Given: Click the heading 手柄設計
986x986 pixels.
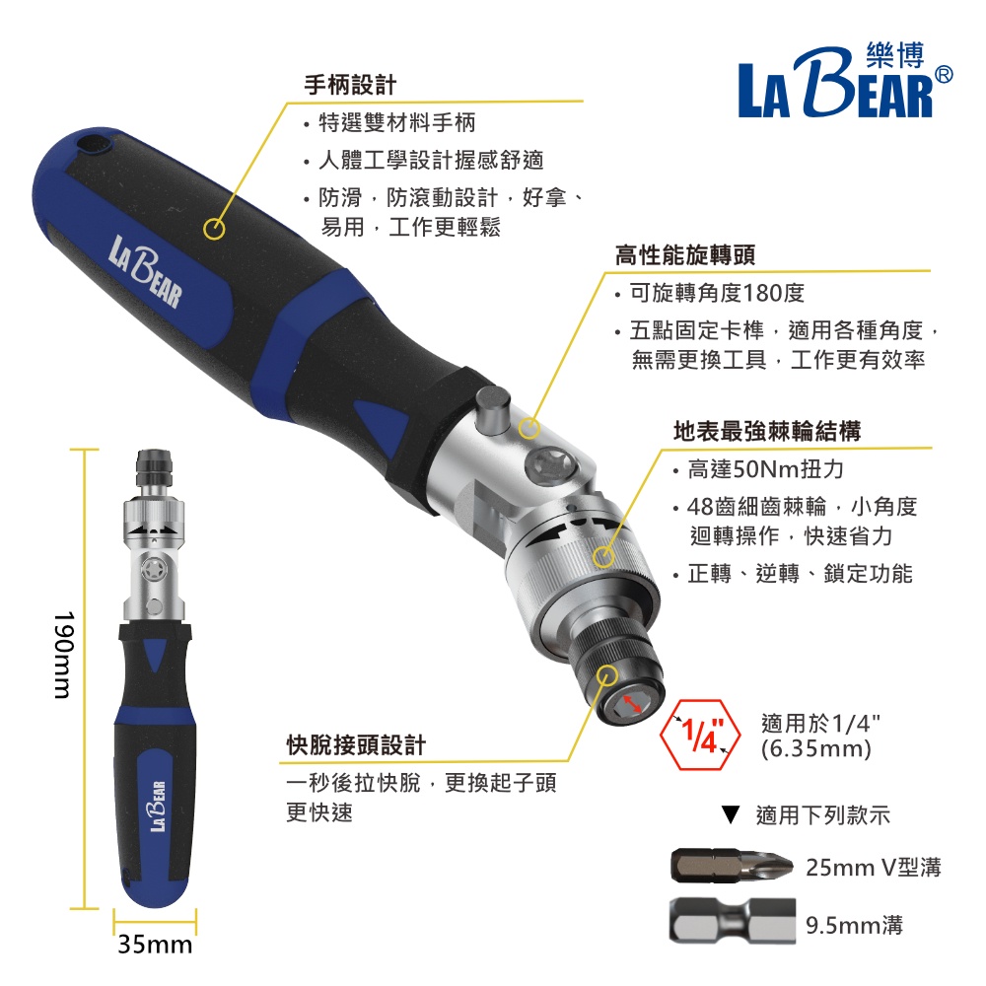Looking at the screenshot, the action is [350, 85].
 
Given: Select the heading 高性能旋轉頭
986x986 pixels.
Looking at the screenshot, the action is [685, 255].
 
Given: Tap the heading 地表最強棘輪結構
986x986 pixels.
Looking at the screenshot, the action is [766, 432].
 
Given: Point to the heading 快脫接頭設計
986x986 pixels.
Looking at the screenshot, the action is [357, 745].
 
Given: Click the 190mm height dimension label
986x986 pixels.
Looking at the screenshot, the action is [64, 656].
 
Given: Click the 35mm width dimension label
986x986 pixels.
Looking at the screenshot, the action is [155, 944].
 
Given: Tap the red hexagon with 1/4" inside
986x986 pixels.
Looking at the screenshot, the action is [700, 735].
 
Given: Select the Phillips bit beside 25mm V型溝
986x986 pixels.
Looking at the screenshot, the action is [733, 866].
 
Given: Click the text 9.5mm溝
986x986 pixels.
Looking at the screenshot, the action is [854, 925].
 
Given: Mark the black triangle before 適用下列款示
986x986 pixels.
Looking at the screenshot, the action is [730, 815].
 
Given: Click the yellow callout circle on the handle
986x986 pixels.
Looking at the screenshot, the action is [214, 229].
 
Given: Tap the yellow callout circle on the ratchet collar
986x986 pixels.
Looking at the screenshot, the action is [603, 556].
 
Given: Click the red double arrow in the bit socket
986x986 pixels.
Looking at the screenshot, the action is [631, 704].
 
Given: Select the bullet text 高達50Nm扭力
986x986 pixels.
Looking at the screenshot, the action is [765, 469].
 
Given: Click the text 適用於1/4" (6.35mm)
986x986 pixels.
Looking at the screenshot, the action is [820, 737].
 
